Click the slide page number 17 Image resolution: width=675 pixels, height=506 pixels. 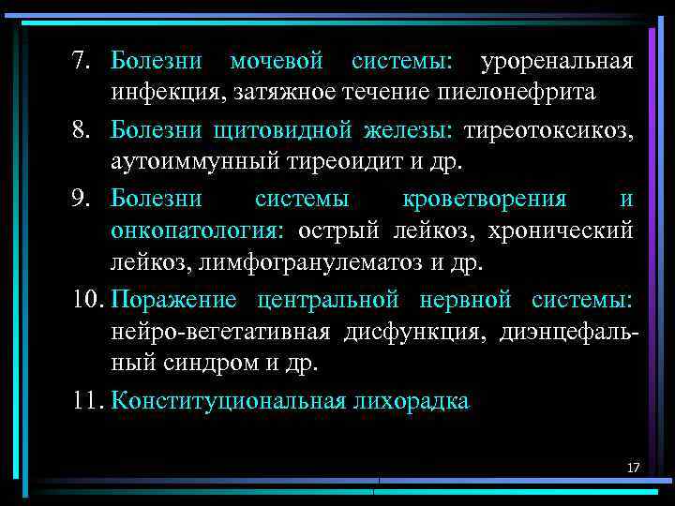[633, 467]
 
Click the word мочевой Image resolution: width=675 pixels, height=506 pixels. [277, 63]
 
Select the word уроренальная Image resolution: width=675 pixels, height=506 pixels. [557, 63]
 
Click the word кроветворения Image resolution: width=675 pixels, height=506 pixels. [484, 199]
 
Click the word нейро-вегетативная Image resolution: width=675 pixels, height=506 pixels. [221, 332]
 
